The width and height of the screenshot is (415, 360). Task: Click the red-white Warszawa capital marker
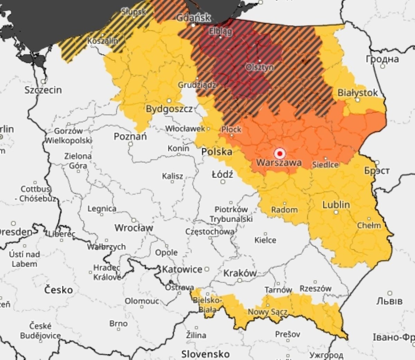point(280,153)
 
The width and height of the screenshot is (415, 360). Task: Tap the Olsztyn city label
point(259,67)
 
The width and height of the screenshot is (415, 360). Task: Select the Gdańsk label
point(193,18)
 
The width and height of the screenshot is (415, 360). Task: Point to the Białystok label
point(358,93)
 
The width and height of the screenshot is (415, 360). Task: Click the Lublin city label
point(336,205)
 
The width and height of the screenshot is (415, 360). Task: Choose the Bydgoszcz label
point(169,109)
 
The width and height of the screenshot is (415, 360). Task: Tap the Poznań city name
point(130,136)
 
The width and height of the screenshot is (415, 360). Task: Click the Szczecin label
point(43,90)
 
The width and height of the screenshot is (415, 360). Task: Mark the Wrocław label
point(133,228)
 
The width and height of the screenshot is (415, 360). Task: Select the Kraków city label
point(240,273)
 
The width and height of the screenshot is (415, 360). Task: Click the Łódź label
point(222,175)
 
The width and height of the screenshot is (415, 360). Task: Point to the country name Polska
point(216,152)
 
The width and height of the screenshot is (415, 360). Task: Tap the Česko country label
point(58,290)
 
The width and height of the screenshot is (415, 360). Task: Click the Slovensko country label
point(205,354)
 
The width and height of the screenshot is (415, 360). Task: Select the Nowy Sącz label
point(267,312)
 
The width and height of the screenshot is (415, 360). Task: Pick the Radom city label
point(284,210)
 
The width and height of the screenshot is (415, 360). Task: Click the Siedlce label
point(325,165)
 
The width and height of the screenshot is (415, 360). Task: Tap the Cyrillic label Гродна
point(382,59)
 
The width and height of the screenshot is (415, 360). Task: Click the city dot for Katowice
point(207,269)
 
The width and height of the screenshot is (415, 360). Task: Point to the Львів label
point(389,301)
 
